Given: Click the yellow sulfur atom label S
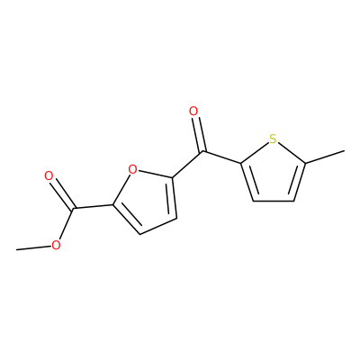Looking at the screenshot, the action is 273,139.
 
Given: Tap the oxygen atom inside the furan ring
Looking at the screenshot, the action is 132,169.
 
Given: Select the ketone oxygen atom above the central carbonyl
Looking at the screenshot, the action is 193,112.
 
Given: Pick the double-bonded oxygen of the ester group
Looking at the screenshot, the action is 49,175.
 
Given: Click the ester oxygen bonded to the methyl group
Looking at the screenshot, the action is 56,246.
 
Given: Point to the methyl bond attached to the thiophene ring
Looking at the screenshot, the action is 325,157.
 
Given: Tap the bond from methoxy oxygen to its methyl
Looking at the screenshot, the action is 33,247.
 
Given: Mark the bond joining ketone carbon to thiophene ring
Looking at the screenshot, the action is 221,157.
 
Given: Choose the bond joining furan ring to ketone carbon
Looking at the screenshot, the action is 187,165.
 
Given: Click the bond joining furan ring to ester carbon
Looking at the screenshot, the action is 93,207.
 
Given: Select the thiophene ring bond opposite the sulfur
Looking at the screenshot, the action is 274,201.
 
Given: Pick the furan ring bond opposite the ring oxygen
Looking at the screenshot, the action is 157,226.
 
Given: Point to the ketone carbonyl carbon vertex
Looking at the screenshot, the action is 202,151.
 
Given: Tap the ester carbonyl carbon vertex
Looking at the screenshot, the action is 74,209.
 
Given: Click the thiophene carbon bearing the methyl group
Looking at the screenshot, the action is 305,164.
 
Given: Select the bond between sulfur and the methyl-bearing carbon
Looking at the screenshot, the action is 291,153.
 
